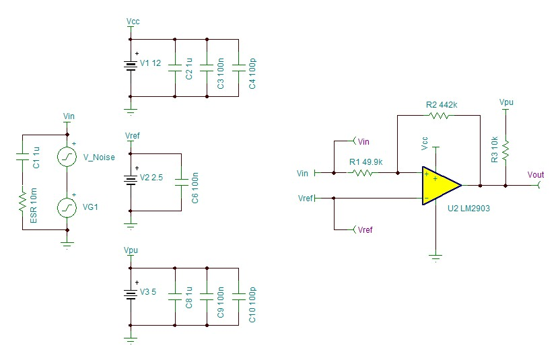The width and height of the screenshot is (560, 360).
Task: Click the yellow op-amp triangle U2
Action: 439,185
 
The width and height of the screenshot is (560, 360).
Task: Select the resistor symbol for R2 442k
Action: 439,116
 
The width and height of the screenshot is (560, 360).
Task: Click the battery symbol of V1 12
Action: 131,65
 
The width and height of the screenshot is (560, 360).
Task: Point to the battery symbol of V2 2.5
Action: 131,180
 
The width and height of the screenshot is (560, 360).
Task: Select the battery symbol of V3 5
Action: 131,294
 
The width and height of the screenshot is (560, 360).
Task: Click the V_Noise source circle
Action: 67,157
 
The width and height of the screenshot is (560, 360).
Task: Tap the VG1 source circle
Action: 67,207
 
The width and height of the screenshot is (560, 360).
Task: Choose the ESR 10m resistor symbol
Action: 22,199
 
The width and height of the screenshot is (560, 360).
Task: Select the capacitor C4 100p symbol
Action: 239,67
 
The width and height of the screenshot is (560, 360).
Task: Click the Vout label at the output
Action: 536,175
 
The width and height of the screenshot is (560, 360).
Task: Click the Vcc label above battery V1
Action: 133,22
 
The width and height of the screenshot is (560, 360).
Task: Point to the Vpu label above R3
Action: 506,102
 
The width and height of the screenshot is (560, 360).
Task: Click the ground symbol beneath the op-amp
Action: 435,256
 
